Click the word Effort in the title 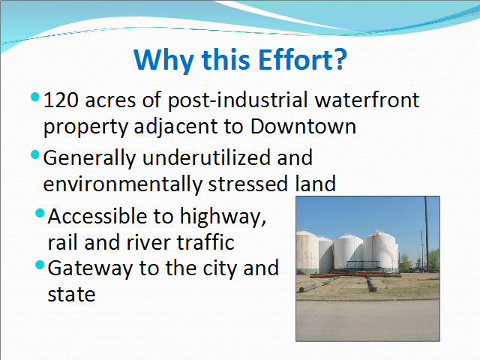pos(295,59)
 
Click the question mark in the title pos(339,59)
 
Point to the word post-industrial pos(238,100)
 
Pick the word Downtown pos(303,126)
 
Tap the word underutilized pos(207,157)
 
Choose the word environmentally pos(122,184)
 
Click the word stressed pos(248,184)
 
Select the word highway pos(223,217)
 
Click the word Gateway pos(90,268)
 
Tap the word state pos(72,295)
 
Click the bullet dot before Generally pos(35,154)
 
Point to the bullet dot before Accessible pos(40,213)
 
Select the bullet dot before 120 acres pos(35,97)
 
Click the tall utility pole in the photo pos(426,234)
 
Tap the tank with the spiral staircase pos(381,252)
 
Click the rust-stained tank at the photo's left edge pos(307,252)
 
